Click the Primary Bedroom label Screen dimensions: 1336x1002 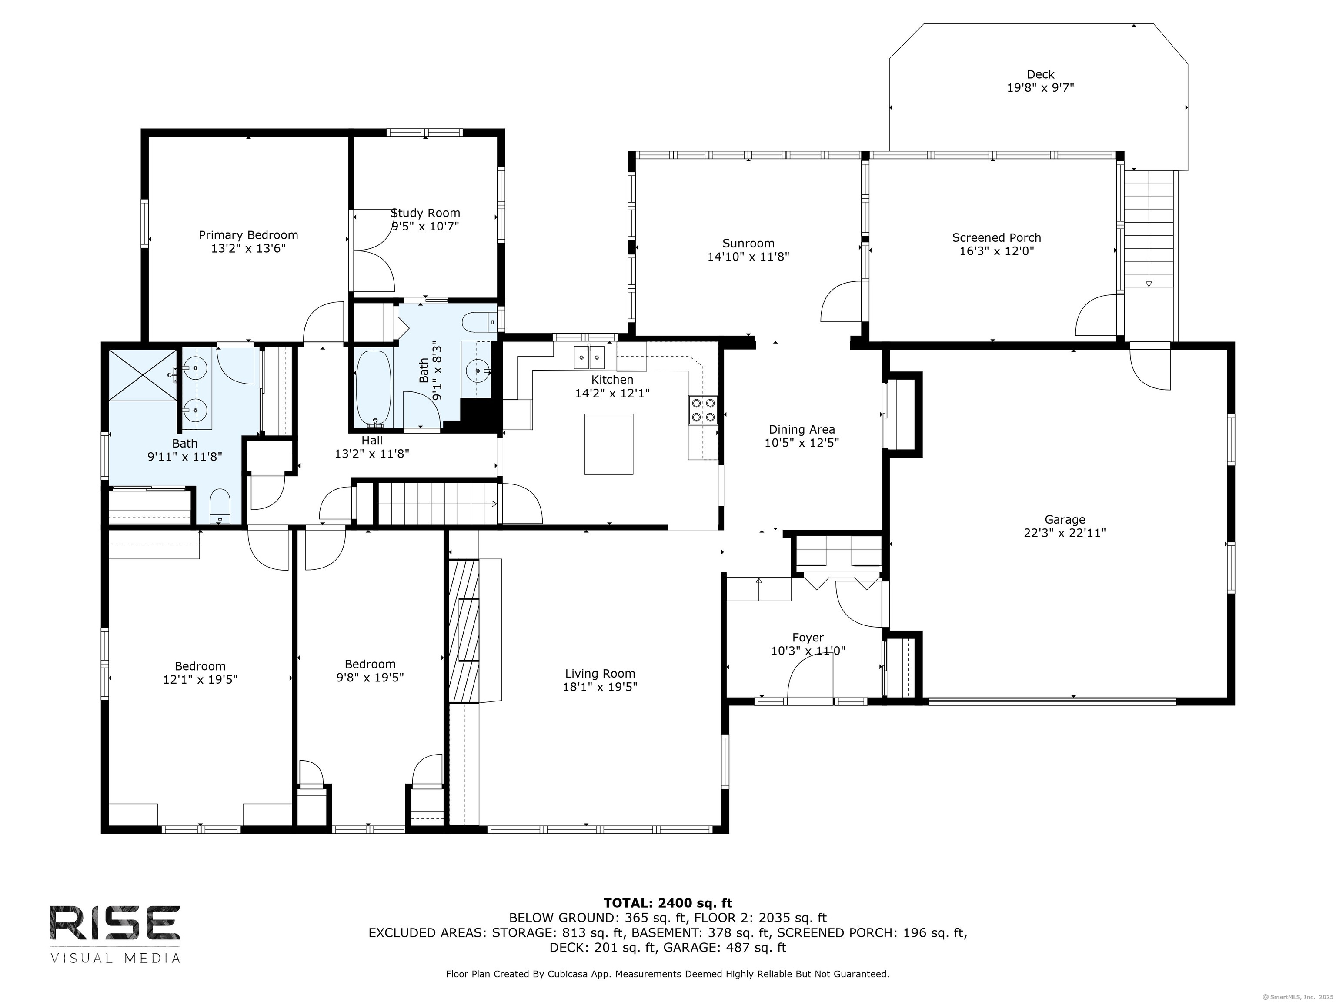tap(248, 235)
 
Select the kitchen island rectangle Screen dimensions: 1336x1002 tap(608, 444)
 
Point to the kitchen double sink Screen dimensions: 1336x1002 tap(588, 357)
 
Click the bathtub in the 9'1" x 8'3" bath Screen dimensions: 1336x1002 tap(374, 389)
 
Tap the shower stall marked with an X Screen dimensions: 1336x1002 tap(143, 374)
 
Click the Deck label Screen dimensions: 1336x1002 tap(1040, 74)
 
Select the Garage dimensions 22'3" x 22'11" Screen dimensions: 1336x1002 tap(1065, 533)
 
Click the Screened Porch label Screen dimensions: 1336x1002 tap(997, 237)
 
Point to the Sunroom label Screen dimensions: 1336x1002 tap(748, 244)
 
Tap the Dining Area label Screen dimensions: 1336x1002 tap(802, 429)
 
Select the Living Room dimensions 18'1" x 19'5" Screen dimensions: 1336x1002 tap(600, 687)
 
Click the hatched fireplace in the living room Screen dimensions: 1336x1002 tap(464, 631)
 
